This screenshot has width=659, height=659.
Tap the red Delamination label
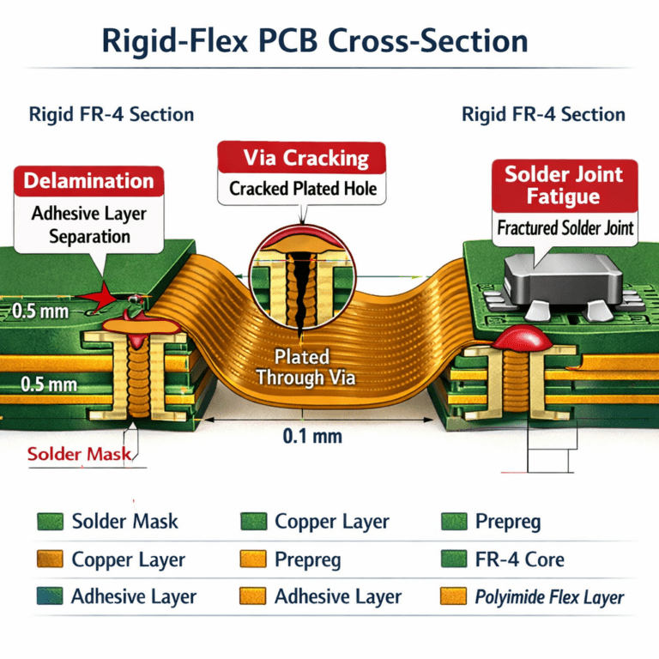pos(89,181)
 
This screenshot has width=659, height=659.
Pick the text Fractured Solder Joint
pos(565,228)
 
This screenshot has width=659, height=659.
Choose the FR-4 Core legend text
pos(520,560)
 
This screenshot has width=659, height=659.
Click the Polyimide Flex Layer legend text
pos(550,597)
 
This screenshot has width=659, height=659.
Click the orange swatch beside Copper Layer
pos(50,560)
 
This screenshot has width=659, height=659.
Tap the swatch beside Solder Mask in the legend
pos(50,522)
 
